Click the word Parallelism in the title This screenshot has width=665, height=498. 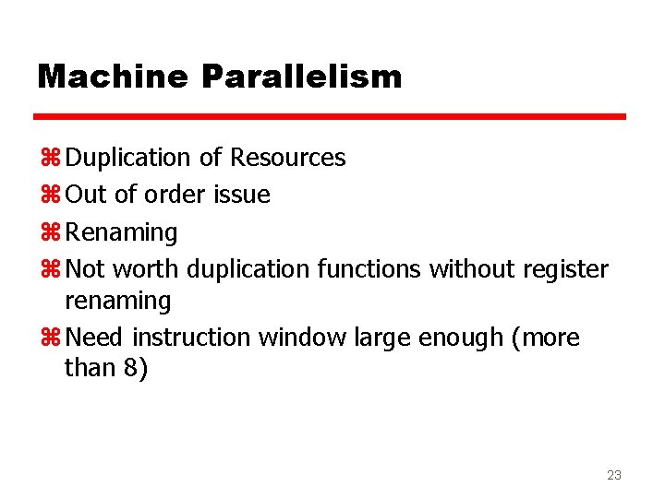coord(300,77)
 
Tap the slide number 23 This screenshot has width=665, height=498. coord(613,475)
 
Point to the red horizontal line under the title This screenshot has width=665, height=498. coord(330,117)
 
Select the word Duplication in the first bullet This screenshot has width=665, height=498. coord(127,159)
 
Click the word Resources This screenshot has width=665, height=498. coord(288,159)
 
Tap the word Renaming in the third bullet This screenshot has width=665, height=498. coord(122,232)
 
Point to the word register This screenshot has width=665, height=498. coord(563,269)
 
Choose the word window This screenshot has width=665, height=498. coord(303,338)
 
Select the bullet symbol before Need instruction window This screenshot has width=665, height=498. coord(50,338)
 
